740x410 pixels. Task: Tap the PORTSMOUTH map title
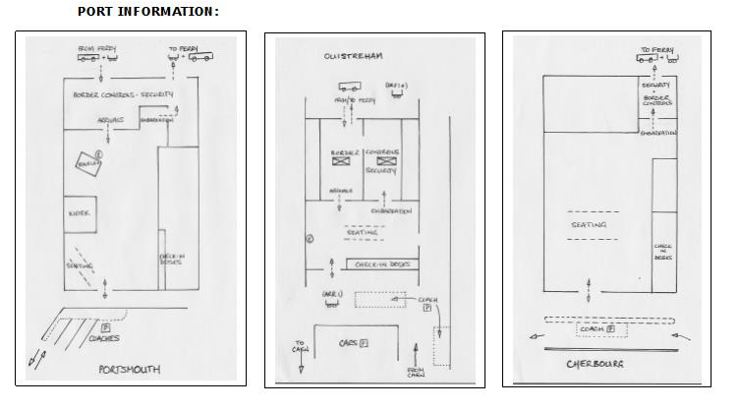[132, 370]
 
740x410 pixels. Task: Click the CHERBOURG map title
[594, 364]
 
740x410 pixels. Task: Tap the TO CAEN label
[300, 345]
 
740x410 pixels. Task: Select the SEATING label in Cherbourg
[590, 225]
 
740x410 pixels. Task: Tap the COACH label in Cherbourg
[594, 327]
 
